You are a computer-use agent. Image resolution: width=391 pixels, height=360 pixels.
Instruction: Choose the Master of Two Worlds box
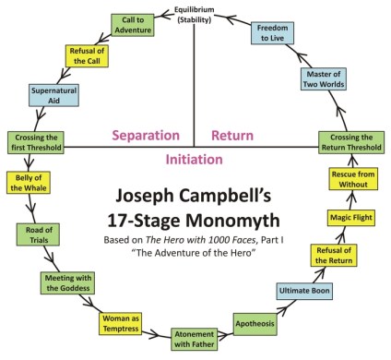324,78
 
